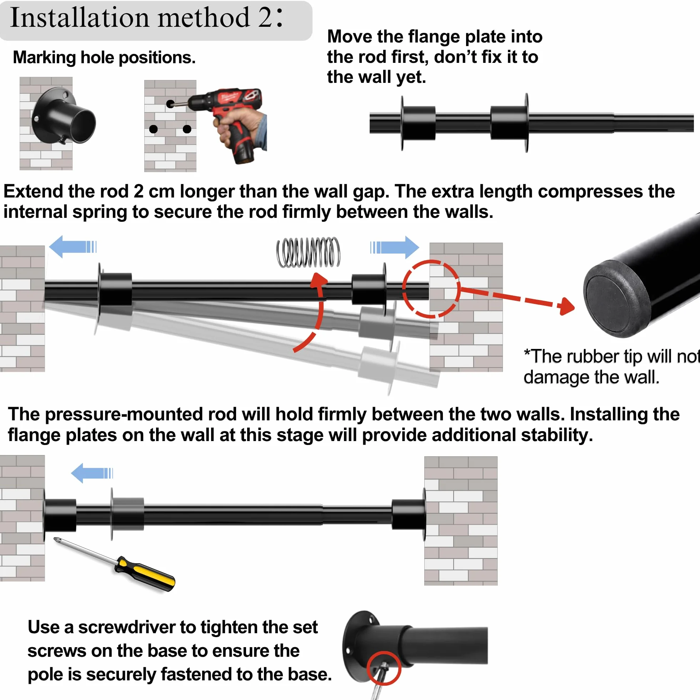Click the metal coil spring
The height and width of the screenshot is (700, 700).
[x=308, y=252]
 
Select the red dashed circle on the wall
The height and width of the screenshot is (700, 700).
[x=431, y=289]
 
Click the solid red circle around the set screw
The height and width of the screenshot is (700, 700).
[x=384, y=668]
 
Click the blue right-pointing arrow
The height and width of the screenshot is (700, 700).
[x=395, y=247]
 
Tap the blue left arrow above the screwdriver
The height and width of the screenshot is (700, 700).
[x=92, y=473]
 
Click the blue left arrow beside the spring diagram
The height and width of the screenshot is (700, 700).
[x=72, y=247]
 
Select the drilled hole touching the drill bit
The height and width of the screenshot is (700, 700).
[x=170, y=104]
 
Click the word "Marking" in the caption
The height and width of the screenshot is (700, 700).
[x=45, y=58]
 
